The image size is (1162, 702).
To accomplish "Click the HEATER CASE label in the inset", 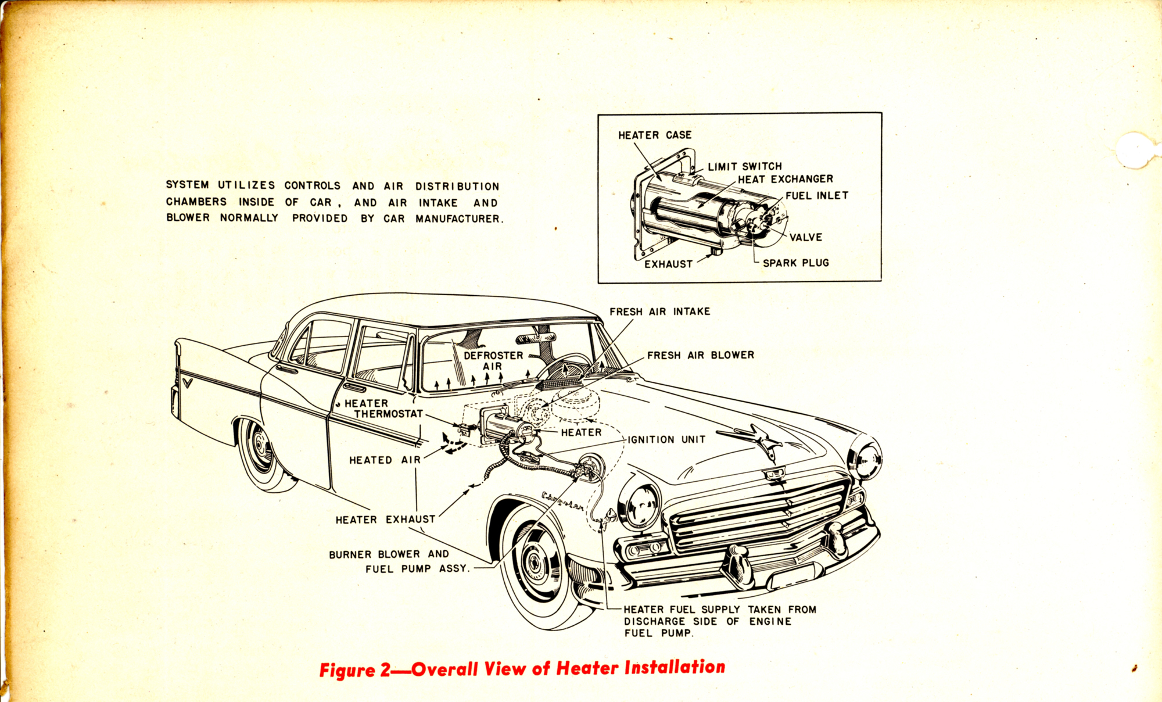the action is [655, 135].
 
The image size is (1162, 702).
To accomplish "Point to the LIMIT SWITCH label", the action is [745, 166].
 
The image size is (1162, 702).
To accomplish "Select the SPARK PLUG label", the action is [796, 263].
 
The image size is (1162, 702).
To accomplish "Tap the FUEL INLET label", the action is [817, 196].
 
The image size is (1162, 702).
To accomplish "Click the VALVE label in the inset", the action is [806, 237].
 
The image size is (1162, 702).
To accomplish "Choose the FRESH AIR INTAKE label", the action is [660, 311].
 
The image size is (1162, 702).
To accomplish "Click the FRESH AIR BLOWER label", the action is [701, 355].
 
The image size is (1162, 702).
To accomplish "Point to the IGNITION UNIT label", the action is [667, 439].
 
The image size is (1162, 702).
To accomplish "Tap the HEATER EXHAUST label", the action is [385, 520].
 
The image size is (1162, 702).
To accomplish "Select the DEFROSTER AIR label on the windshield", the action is [493, 361].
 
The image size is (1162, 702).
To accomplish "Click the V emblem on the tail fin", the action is [187, 383].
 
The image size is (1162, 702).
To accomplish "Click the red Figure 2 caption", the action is [522, 668].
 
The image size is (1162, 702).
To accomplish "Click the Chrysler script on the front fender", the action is [562, 500].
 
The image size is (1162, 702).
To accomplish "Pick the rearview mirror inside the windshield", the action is [536, 338].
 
